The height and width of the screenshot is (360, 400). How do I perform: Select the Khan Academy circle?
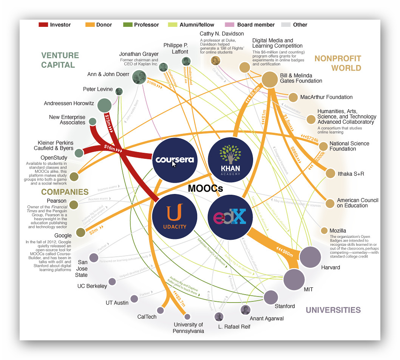230,160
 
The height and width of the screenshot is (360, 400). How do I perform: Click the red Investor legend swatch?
43,25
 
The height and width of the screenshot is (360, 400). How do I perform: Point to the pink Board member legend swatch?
230,25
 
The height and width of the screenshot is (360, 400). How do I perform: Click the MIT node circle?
294,279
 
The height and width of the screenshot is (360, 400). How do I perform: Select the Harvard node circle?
310,257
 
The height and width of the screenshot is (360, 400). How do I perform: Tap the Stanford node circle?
271,298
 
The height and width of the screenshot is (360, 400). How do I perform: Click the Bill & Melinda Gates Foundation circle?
270,79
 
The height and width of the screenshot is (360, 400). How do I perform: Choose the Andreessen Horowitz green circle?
105,105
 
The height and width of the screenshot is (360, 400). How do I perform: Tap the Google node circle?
80,233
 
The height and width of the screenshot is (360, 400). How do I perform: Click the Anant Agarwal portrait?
245,310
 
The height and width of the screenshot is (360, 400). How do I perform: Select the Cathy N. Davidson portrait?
215,61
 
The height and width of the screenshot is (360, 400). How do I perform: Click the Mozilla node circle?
324,231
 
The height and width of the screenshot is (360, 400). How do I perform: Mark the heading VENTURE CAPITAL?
60,60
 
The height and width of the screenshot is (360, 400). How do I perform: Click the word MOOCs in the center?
205,188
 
